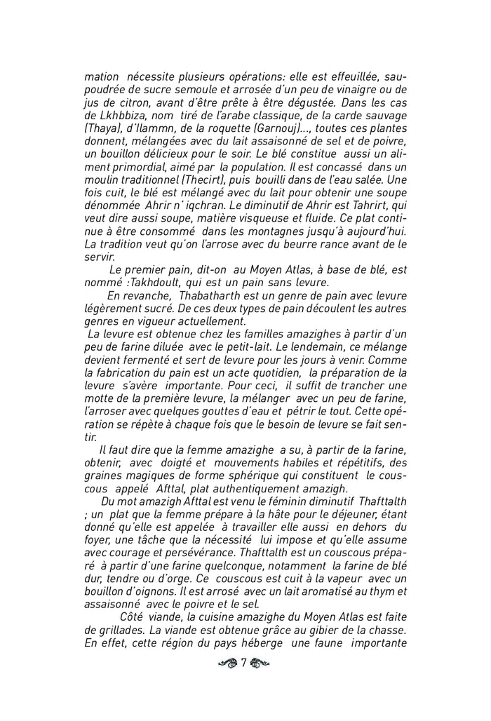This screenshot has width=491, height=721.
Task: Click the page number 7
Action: [x=244, y=663]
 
